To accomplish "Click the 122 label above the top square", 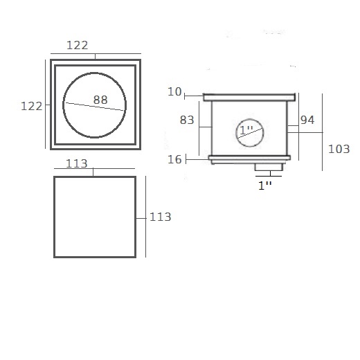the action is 78,45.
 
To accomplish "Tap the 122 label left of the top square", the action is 32,107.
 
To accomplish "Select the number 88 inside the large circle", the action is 100,100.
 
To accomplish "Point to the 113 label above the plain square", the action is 77,163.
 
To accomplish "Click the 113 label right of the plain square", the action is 161,217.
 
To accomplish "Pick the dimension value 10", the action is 174,92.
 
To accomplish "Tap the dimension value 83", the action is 187,120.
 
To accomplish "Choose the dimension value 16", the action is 174,159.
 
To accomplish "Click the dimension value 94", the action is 307,120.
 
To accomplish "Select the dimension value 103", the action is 339,149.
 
